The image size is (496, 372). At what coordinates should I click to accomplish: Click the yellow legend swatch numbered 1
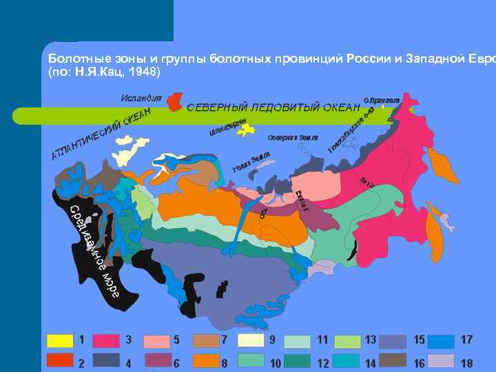click(59, 340)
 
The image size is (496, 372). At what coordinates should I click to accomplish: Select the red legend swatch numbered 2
click(59, 360)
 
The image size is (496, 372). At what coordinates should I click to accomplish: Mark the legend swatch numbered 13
click(348, 340)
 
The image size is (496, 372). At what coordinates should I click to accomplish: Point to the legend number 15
click(419, 340)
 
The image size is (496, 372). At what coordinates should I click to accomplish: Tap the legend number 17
click(466, 340)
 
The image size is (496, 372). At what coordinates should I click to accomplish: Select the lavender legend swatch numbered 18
click(442, 360)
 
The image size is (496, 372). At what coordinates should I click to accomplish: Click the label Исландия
click(141, 98)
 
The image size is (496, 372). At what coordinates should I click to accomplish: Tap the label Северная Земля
click(293, 138)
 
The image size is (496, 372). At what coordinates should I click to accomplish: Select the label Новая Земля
click(251, 162)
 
